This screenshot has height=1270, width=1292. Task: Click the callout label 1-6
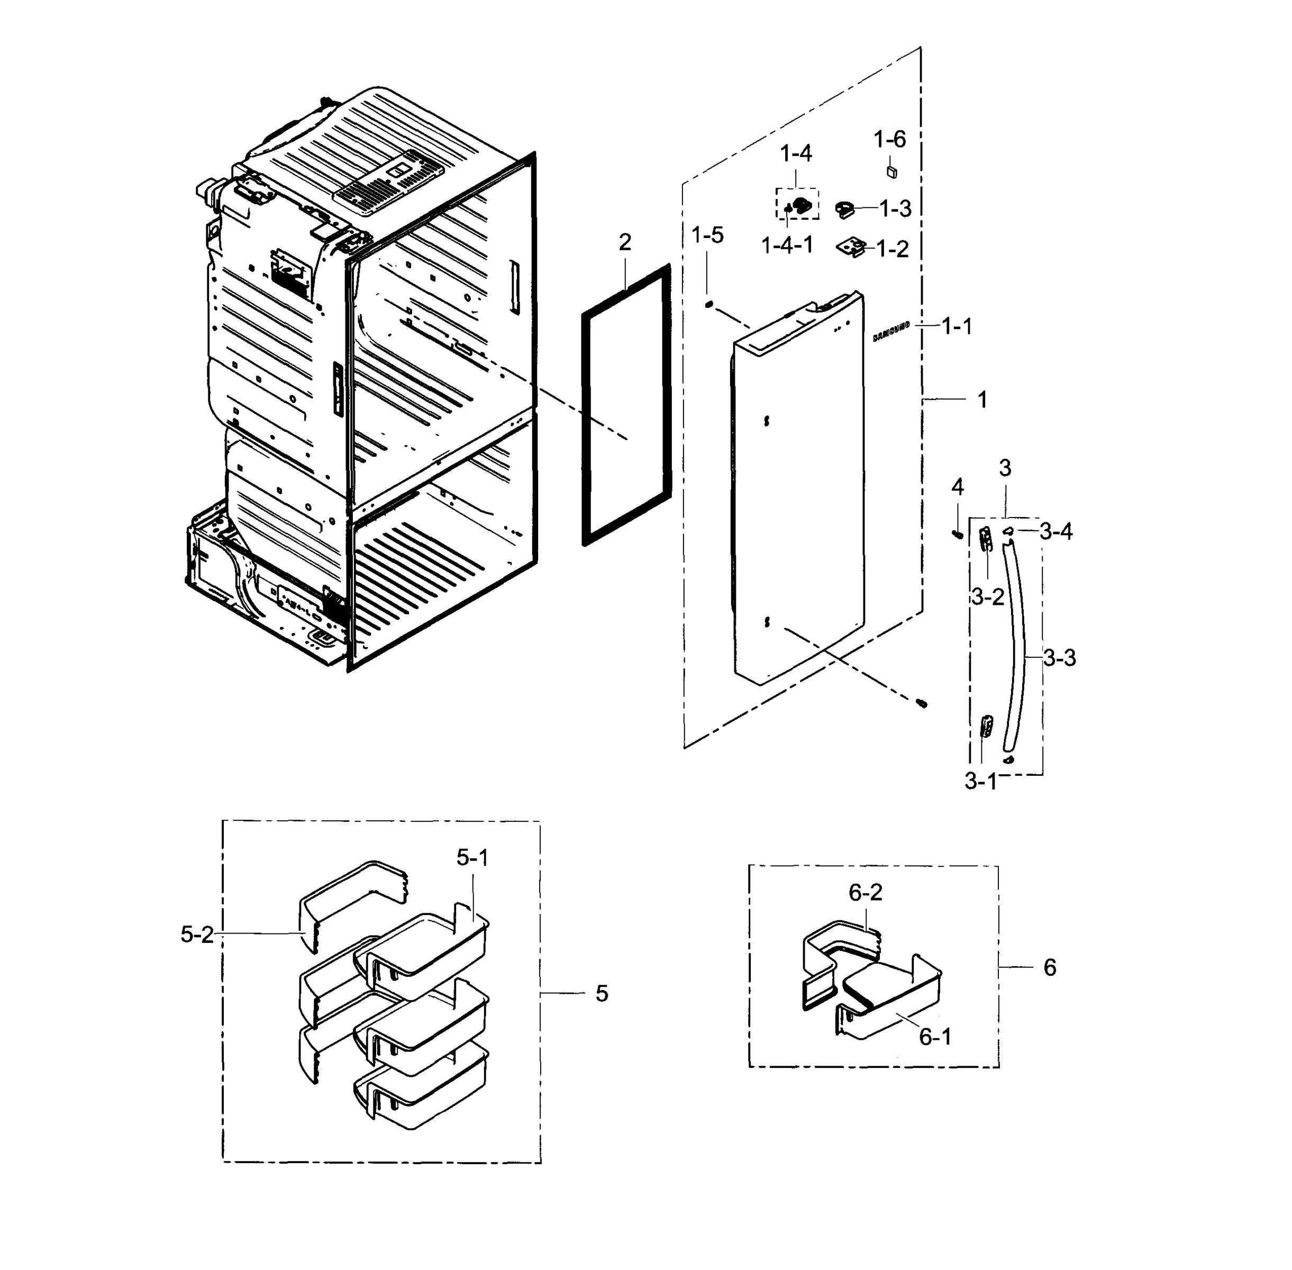[889, 139]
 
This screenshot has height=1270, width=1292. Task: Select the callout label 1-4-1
[787, 246]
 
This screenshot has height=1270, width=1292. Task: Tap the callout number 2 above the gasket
[624, 242]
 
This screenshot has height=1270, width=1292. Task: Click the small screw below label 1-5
[709, 304]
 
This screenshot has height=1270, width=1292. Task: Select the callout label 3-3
[1059, 658]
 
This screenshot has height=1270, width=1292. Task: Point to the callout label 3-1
[980, 781]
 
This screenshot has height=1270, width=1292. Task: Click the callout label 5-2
[197, 935]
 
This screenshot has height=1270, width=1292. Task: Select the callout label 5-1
[472, 858]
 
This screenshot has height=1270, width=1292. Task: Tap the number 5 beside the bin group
[602, 994]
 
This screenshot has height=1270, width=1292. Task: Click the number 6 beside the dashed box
[1049, 968]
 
